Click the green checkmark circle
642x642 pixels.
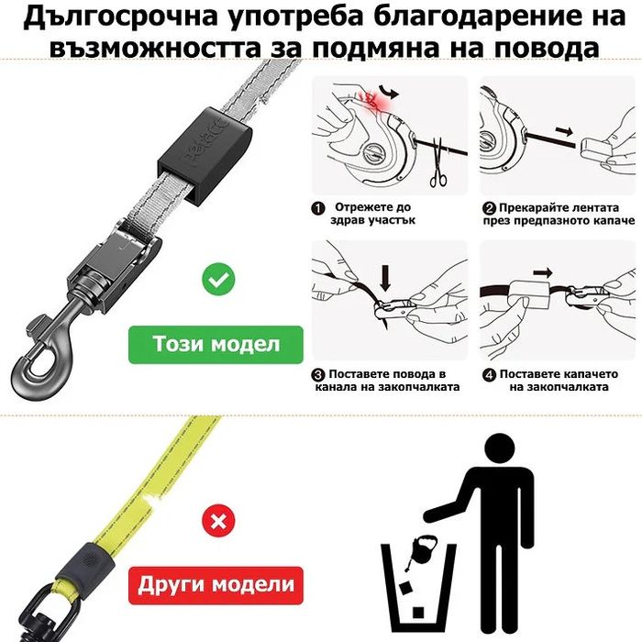point(218,279)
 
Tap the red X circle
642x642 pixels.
point(218,521)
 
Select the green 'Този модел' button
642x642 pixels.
point(216,344)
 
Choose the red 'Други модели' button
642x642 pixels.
point(216,585)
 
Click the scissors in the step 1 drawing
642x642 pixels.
point(438,164)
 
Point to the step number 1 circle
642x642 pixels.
point(318,208)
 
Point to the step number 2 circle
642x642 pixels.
point(489,208)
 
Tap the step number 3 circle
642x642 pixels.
point(318,375)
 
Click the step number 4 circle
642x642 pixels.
point(489,375)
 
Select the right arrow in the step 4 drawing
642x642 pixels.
point(543,272)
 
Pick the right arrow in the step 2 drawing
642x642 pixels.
point(564,131)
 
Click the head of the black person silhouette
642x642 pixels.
point(499,448)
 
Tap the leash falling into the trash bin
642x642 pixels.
point(421,550)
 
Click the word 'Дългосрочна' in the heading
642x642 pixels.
point(119,17)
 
